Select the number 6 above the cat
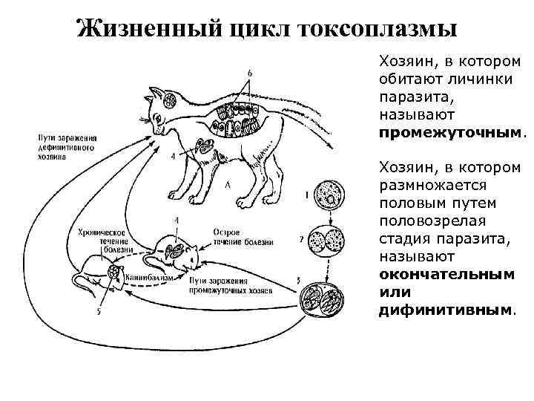(249, 73)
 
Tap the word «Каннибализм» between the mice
(150, 276)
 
